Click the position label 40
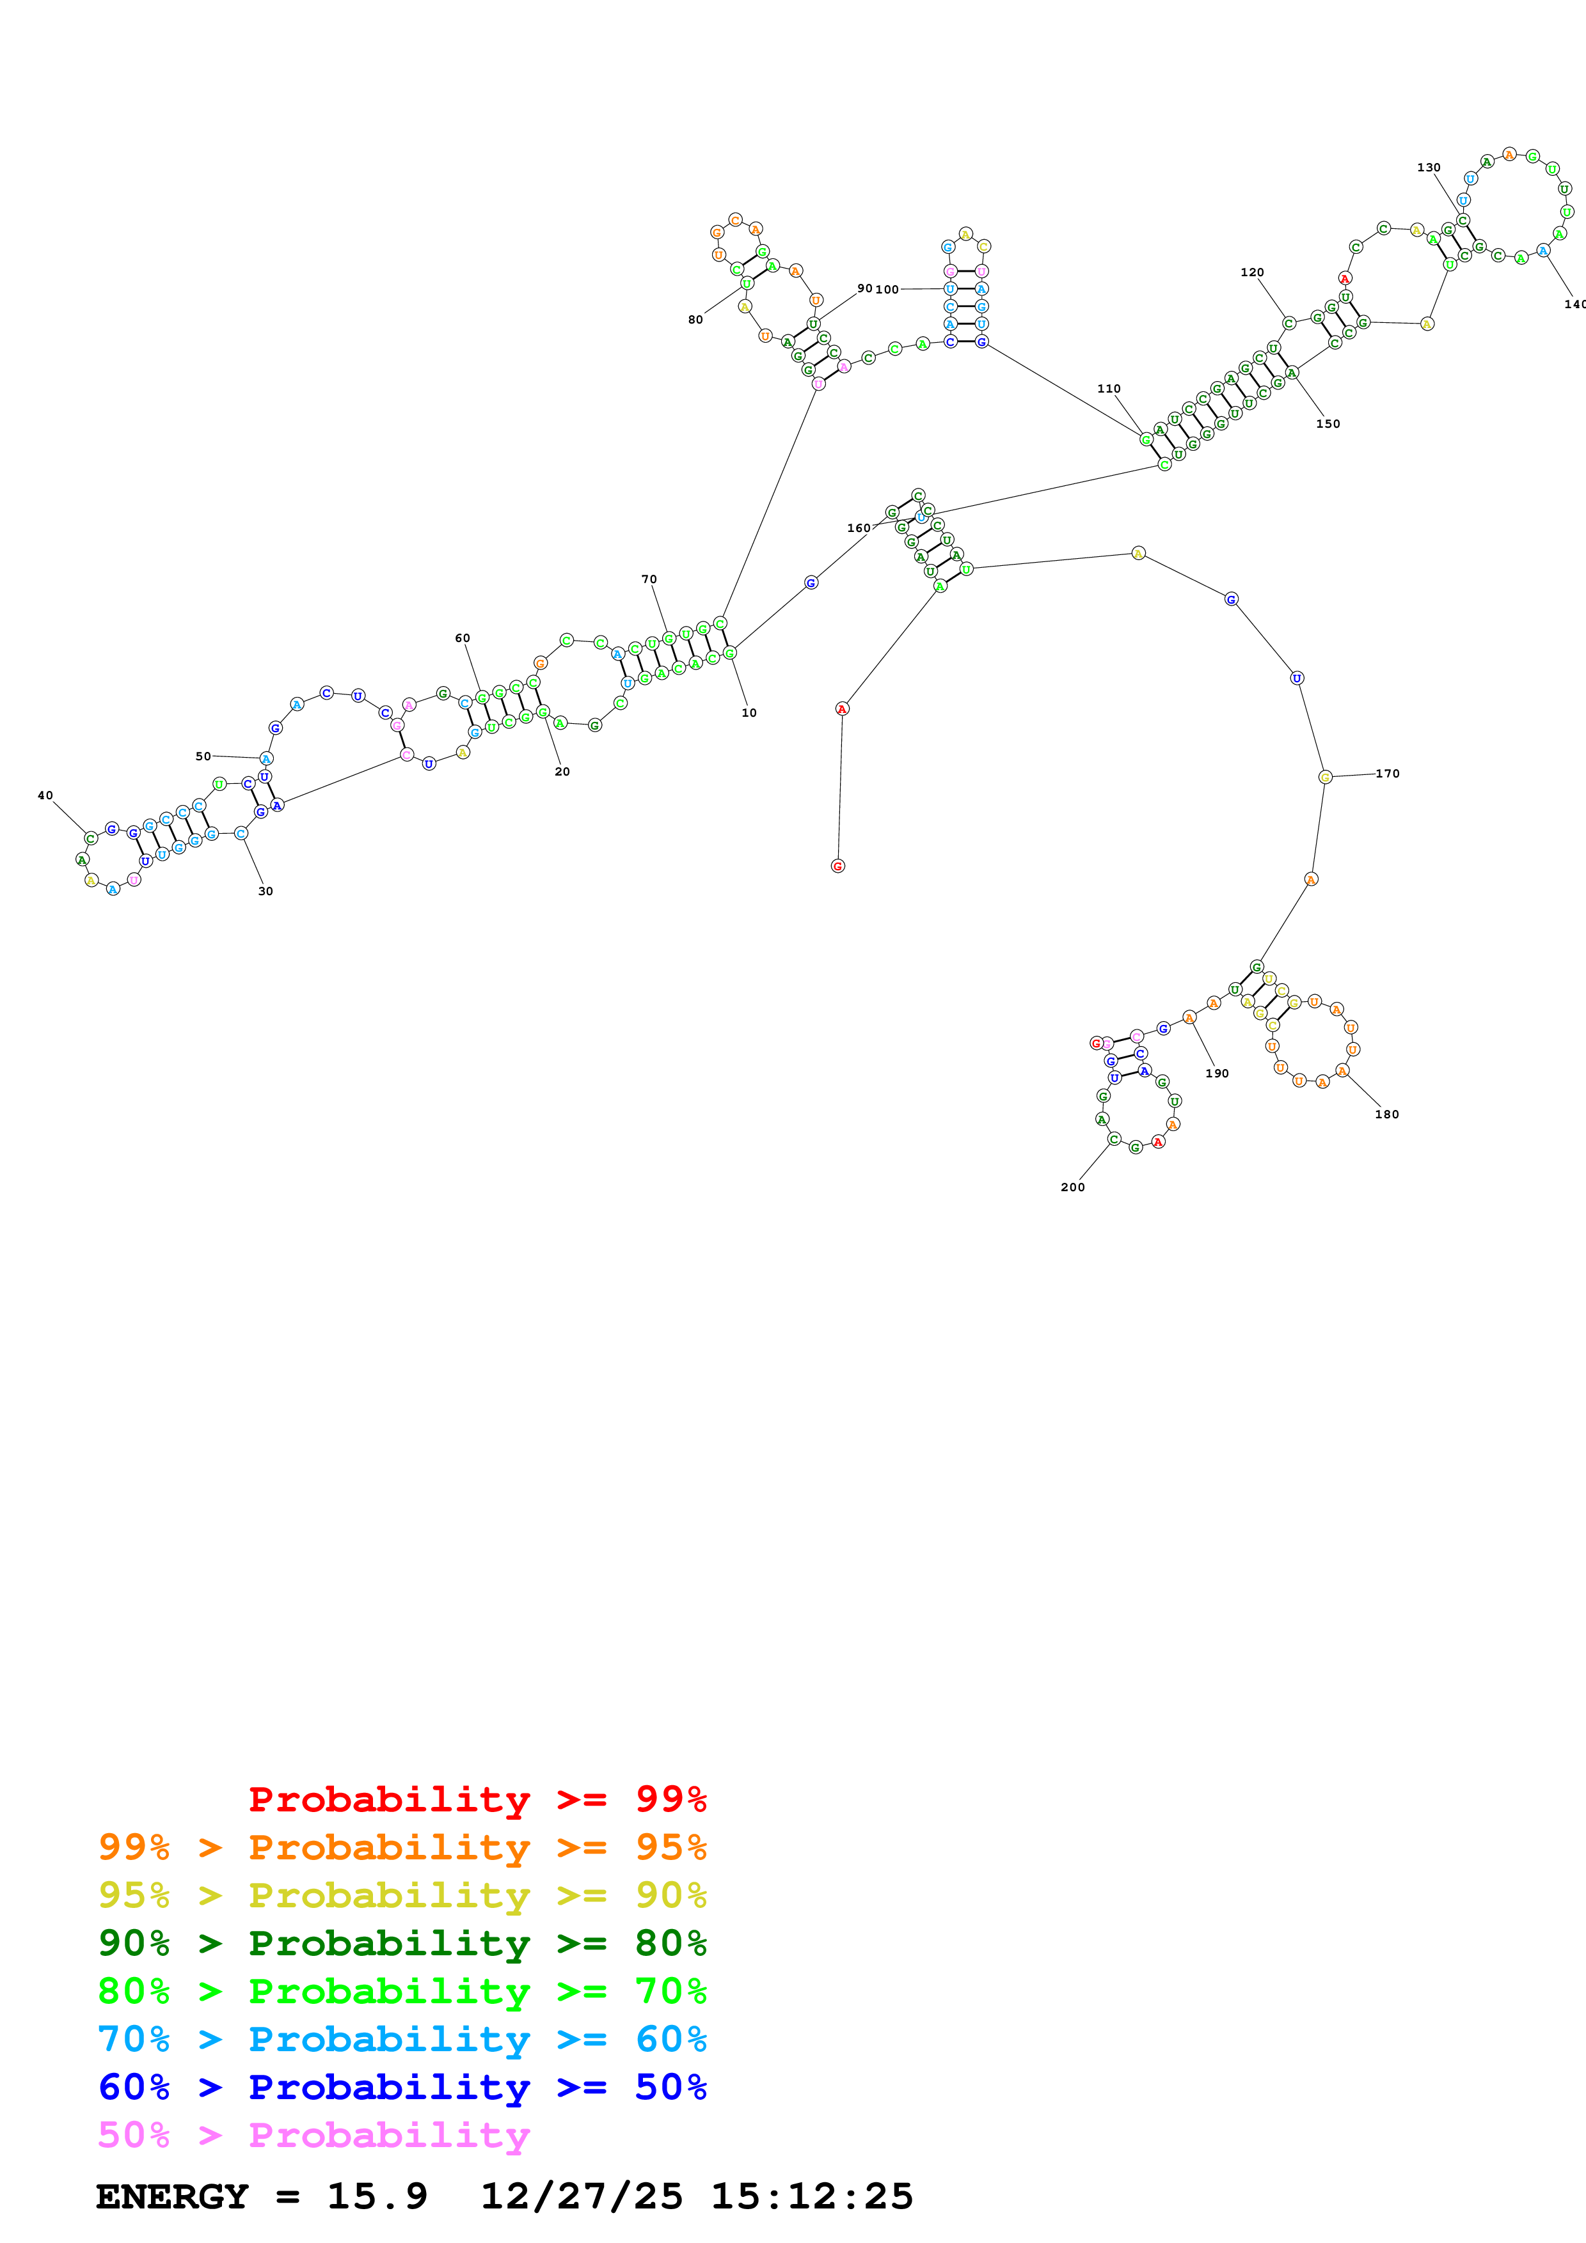[45, 795]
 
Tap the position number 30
[266, 891]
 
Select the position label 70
[649, 579]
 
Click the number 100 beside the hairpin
[887, 289]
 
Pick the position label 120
[1252, 272]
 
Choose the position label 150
[1328, 424]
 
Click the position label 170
[1388, 774]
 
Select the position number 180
[1386, 1114]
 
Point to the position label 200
[1073, 1187]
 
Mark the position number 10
[749, 713]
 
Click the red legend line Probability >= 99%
[477, 1799]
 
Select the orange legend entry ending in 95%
[402, 1847]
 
